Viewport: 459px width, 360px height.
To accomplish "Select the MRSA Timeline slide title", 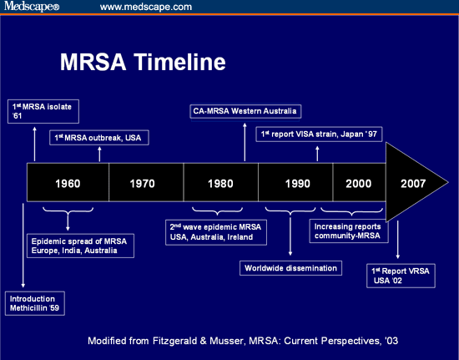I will pyautogui.click(x=143, y=62).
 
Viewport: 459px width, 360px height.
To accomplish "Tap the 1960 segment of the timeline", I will pyautogui.click(x=68, y=183).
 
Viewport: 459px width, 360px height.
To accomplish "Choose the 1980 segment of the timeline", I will pyautogui.click(x=220, y=183).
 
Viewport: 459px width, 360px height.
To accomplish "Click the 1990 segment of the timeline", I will pyautogui.click(x=295, y=183).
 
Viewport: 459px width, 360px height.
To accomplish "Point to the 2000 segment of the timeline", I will pyautogui.click(x=359, y=183).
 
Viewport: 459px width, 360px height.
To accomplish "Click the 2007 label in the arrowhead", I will pyautogui.click(x=415, y=183).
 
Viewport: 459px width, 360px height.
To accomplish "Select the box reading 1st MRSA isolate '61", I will pyautogui.click(x=34, y=110).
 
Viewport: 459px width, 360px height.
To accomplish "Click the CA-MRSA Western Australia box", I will pyautogui.click(x=245, y=111).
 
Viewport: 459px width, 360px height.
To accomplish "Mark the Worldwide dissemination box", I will pyautogui.click(x=291, y=268).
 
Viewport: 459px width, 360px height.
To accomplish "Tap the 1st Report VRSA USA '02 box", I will pyautogui.click(x=402, y=276).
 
